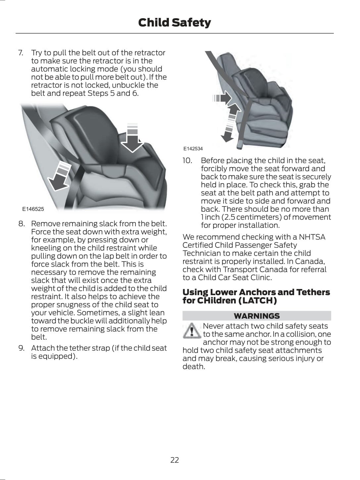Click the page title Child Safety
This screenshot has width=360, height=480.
[x=174, y=23]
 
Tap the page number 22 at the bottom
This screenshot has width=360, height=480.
[x=175, y=460]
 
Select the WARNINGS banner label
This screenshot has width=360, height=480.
[x=257, y=316]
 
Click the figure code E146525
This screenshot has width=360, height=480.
[x=33, y=209]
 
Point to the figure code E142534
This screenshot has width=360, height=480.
[x=193, y=149]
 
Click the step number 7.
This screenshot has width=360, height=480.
[x=21, y=53]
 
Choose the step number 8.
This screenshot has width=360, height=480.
[x=22, y=224]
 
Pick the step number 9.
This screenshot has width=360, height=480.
[x=22, y=348]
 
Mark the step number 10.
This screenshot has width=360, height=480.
[x=187, y=161]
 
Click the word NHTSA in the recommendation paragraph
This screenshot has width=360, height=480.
[x=312, y=237]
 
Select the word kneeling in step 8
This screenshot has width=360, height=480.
[x=46, y=248]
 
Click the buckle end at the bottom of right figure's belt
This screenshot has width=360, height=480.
[x=239, y=144]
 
